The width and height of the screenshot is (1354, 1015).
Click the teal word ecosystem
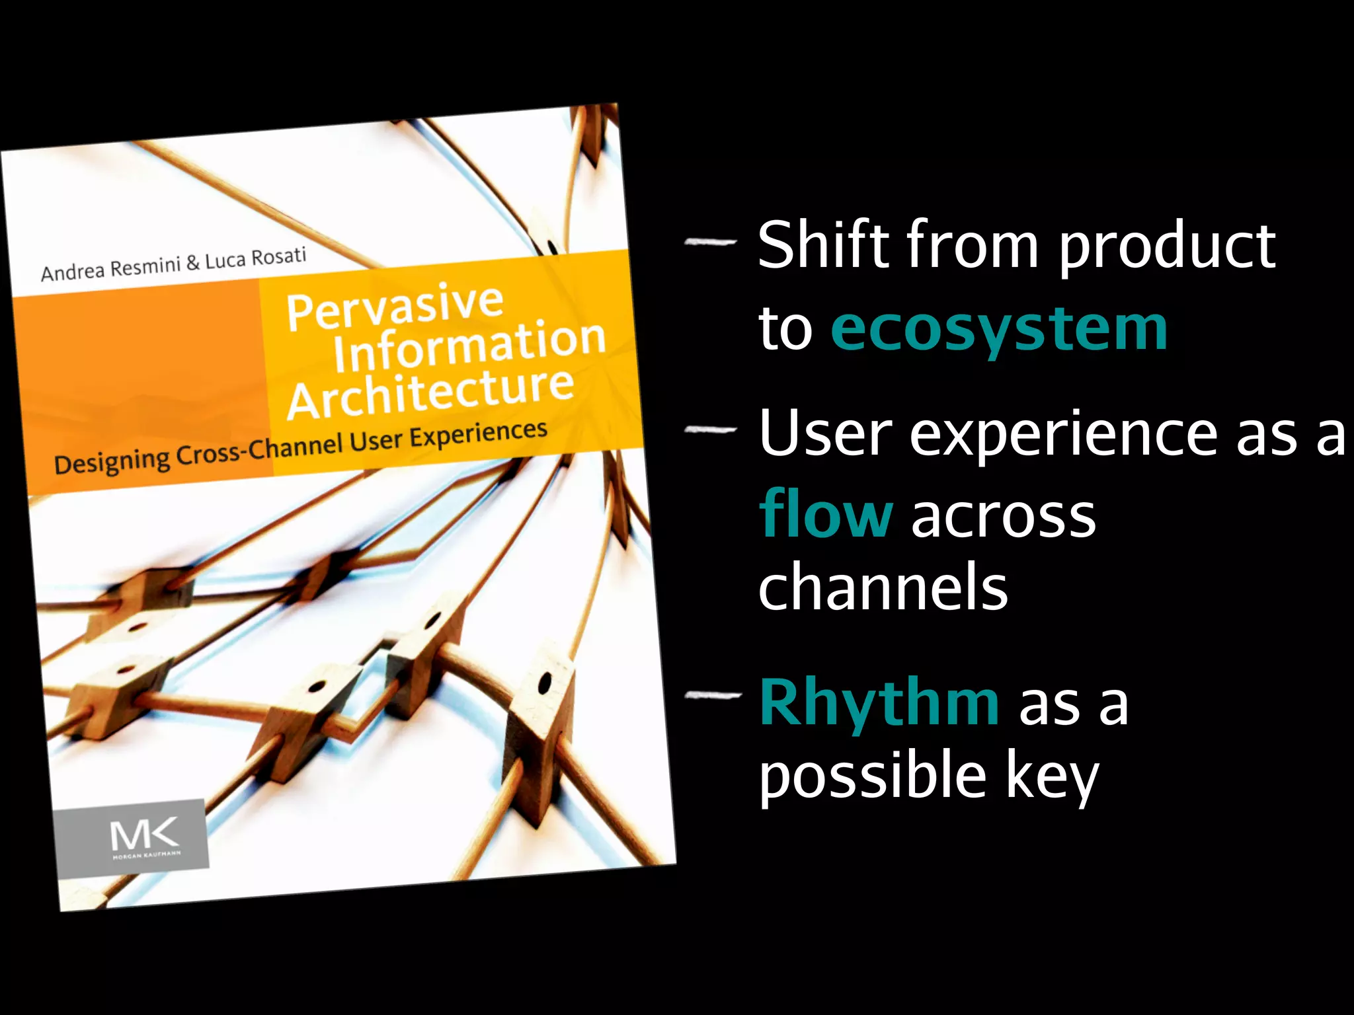click(998, 329)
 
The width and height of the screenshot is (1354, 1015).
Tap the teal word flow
click(826, 514)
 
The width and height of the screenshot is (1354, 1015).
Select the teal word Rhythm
click(879, 702)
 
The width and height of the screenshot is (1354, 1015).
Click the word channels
click(883, 586)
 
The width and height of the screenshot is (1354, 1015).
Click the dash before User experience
click(711, 430)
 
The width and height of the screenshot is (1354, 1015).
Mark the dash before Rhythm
click(713, 695)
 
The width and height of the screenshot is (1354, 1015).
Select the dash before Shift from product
click(711, 243)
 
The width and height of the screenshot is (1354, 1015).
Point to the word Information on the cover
click(469, 346)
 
